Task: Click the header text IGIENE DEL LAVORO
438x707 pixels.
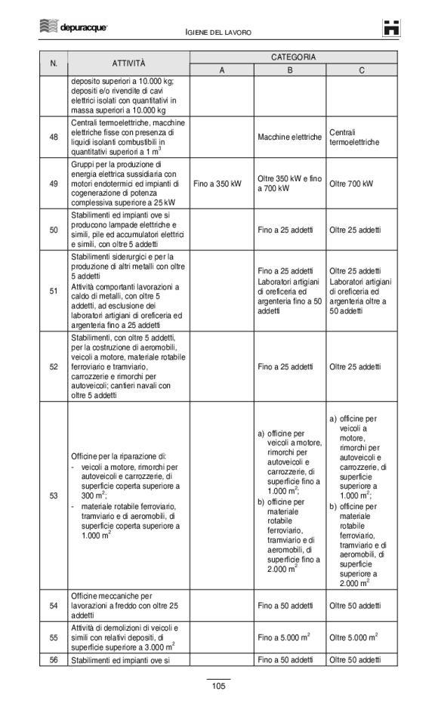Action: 218,32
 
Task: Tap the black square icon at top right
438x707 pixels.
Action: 390,28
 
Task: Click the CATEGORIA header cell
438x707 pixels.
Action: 293,57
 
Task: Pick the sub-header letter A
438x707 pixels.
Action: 222,70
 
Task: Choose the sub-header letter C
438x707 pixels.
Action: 362,70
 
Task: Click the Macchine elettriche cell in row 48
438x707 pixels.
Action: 289,137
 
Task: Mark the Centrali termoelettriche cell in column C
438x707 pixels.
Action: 354,137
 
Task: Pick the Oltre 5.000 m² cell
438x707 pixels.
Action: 353,638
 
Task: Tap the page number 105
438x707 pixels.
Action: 218,686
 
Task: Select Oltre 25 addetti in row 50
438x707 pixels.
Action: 355,230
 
